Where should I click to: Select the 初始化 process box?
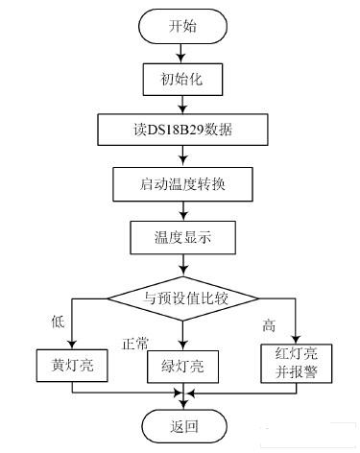[x=181, y=78]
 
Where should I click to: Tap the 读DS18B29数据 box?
[x=181, y=129]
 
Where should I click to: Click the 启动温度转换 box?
[x=181, y=181]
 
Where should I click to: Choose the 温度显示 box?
[x=181, y=235]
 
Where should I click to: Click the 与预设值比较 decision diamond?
[x=181, y=295]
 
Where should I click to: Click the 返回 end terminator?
[x=181, y=424]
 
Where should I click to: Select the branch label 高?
[x=268, y=325]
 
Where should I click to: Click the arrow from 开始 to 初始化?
[x=181, y=53]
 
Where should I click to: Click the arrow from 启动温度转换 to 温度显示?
[x=181, y=208]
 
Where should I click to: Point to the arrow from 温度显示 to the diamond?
[x=181, y=263]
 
